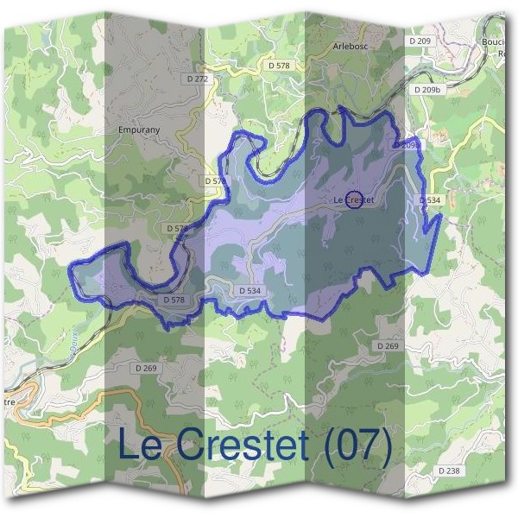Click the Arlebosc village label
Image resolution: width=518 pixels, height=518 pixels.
pyautogui.click(x=349, y=46)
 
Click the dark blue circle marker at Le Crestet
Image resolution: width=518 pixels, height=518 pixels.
pyautogui.click(x=354, y=199)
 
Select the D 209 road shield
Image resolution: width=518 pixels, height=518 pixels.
pyautogui.click(x=420, y=41)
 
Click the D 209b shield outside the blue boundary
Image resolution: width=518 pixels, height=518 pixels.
pyautogui.click(x=427, y=89)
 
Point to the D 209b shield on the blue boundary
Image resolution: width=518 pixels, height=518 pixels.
pyautogui.click(x=407, y=145)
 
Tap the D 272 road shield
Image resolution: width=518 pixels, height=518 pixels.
pyautogui.click(x=198, y=79)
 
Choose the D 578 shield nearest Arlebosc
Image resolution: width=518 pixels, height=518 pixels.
pyautogui.click(x=280, y=65)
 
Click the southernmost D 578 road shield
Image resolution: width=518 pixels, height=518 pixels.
pyautogui.click(x=174, y=300)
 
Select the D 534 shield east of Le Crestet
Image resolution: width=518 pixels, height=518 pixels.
pyautogui.click(x=430, y=200)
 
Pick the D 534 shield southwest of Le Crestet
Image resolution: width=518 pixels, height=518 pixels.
pyautogui.click(x=249, y=291)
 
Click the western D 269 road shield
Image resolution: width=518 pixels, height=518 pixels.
pyautogui.click(x=146, y=368)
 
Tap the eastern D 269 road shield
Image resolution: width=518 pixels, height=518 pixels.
pyautogui.click(x=388, y=345)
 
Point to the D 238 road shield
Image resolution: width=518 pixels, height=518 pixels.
pyautogui.click(x=448, y=471)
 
